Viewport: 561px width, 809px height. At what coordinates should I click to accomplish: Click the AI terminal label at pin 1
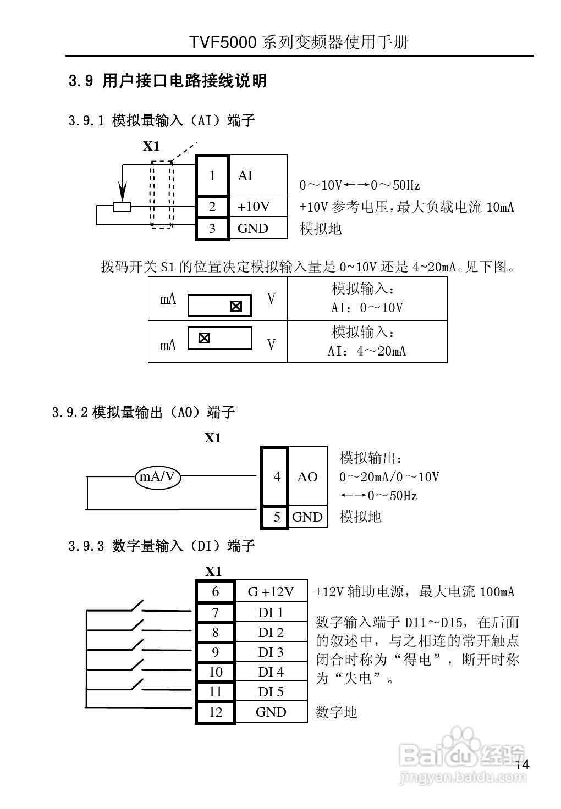(x=245, y=176)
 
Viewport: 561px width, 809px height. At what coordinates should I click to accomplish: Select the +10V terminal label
(x=254, y=207)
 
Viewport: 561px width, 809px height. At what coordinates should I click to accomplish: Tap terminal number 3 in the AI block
(x=212, y=229)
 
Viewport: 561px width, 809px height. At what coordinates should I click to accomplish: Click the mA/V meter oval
(x=158, y=476)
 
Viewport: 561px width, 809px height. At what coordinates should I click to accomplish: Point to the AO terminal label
(x=307, y=477)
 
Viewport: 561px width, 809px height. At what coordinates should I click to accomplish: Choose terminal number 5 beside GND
(x=277, y=517)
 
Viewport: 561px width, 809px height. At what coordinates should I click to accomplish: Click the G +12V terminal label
(x=271, y=591)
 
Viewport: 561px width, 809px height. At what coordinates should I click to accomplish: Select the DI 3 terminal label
(x=271, y=652)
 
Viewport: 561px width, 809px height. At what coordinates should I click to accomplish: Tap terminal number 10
(x=216, y=672)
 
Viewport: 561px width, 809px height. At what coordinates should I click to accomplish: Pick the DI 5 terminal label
(x=271, y=692)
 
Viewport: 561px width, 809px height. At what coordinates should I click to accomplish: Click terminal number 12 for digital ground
(x=216, y=712)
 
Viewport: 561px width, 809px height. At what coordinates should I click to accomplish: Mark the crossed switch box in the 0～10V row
(x=235, y=306)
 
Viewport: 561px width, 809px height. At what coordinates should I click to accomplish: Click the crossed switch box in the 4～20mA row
(x=204, y=338)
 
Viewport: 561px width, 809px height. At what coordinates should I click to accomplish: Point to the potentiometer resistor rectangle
(x=122, y=207)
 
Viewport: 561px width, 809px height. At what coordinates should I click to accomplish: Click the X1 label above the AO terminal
(x=213, y=438)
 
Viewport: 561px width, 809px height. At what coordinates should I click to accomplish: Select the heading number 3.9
(x=82, y=81)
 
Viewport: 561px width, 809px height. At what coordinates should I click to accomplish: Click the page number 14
(x=522, y=765)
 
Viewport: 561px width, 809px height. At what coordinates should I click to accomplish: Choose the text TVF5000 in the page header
(x=223, y=42)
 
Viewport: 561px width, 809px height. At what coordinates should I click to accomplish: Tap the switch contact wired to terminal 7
(x=136, y=607)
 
